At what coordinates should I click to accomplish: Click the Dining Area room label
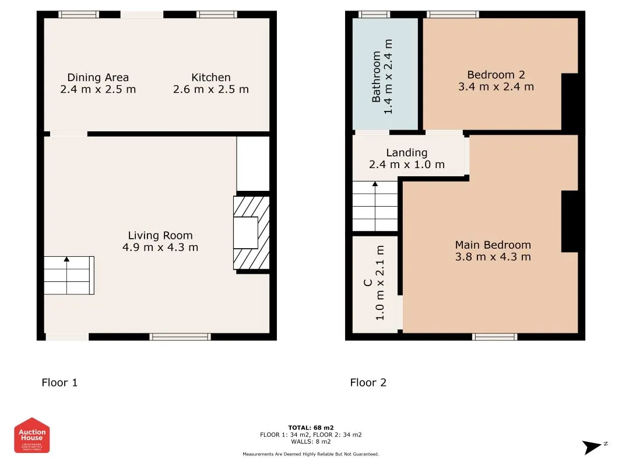(98, 78)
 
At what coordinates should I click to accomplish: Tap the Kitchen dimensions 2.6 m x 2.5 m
(210, 89)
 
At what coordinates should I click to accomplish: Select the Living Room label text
(160, 235)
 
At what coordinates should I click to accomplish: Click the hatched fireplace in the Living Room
(251, 233)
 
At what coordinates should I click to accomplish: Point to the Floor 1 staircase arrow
(66, 259)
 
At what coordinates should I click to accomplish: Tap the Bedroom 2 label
(496, 75)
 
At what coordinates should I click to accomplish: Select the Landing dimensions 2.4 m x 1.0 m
(406, 165)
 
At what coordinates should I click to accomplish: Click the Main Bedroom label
(493, 245)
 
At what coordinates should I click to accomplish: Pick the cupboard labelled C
(375, 283)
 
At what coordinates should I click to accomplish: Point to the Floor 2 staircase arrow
(375, 185)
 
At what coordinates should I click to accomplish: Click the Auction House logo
(32, 435)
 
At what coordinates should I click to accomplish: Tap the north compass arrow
(593, 447)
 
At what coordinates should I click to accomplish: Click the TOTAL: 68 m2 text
(311, 428)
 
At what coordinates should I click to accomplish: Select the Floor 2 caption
(368, 383)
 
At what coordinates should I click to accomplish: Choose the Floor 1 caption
(59, 383)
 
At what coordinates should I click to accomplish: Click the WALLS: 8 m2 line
(311, 442)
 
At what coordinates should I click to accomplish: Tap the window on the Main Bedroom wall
(494, 336)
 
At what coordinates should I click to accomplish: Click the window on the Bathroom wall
(374, 15)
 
